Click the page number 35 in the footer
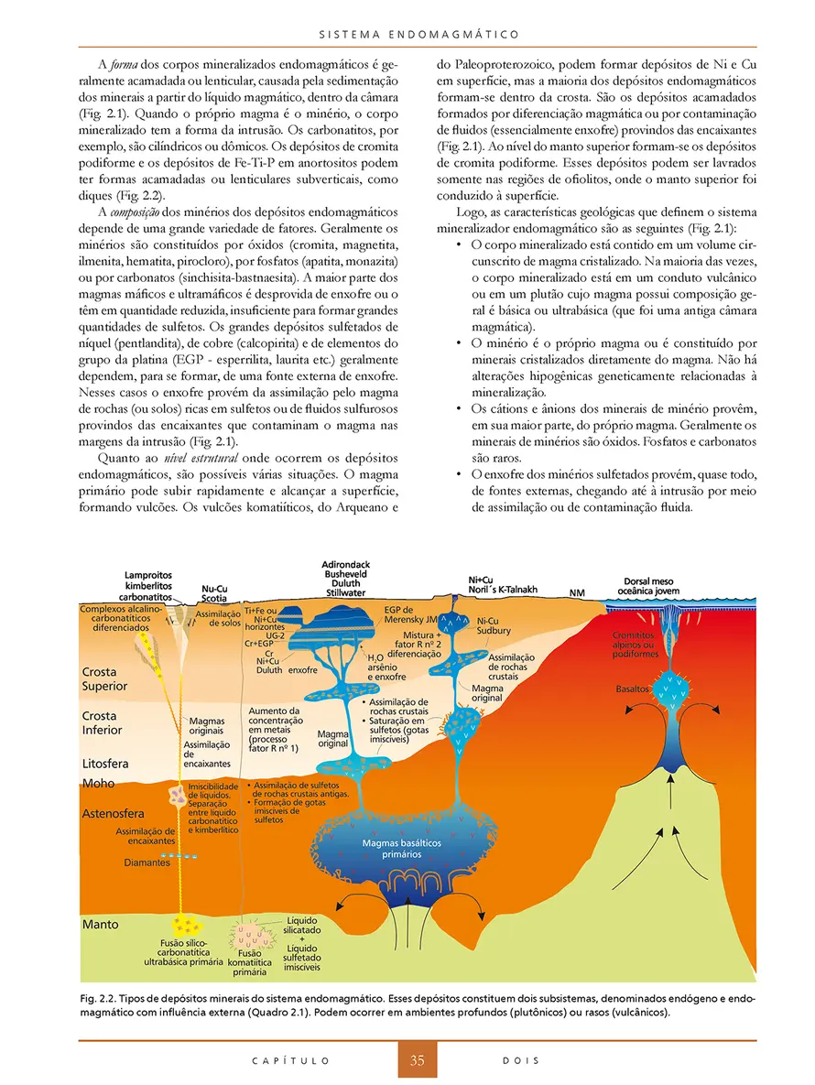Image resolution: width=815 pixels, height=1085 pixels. pos(417,1061)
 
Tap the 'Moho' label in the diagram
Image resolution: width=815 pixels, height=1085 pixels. pos(99,784)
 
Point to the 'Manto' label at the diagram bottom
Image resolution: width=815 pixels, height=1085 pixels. pos(101,925)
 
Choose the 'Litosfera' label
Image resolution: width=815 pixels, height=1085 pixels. pos(105,763)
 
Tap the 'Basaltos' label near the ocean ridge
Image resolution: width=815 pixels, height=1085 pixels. pos(633,688)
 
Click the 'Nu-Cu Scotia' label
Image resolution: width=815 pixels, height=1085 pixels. pos(215,593)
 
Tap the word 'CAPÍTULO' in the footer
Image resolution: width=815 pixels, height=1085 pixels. pos(290,1061)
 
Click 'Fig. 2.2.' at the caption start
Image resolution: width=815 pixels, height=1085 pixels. pos(99,996)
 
